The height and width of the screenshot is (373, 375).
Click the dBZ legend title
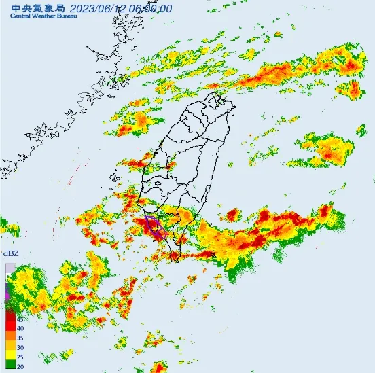point(11,253)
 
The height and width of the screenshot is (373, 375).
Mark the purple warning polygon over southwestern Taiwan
point(154,227)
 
